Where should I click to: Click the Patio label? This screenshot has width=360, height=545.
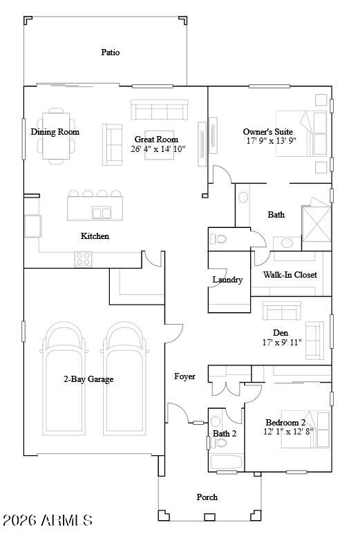tap(111, 52)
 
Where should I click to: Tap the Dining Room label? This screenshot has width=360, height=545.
tap(55, 132)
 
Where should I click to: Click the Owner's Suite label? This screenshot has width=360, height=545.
tap(267, 131)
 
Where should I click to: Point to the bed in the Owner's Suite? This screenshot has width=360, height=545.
tap(301, 133)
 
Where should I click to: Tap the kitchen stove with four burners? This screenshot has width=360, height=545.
tap(84, 259)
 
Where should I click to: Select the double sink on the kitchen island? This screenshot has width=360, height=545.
tap(102, 213)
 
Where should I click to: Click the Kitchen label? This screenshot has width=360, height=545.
tap(95, 236)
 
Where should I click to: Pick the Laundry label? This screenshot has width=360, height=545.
tap(227, 280)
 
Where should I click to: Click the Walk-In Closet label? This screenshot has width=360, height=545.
tap(290, 275)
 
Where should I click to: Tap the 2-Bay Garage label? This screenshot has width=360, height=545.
tap(88, 379)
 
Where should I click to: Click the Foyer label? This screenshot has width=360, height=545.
tap(184, 376)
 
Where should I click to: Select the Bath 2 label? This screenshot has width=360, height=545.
tap(225, 434)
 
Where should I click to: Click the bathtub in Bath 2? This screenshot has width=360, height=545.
tap(225, 461)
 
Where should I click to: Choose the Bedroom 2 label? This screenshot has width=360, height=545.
tap(285, 422)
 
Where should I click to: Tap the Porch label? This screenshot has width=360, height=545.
tap(207, 497)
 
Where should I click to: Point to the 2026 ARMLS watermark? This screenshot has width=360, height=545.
tap(47, 520)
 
